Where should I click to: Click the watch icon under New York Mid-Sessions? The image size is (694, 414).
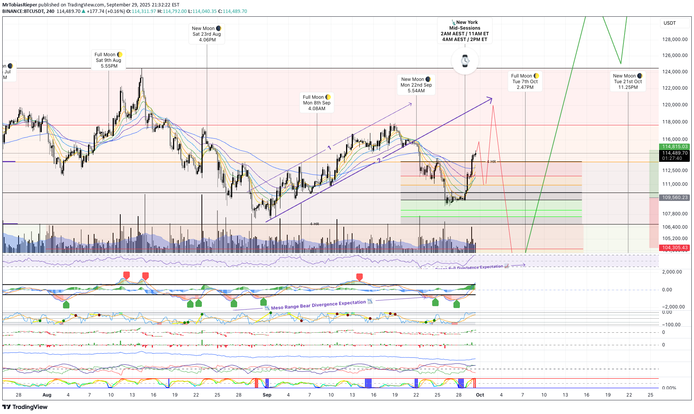point(465,61)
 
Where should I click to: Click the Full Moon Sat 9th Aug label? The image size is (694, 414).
point(109,60)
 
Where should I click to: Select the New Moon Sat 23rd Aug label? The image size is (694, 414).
point(207,34)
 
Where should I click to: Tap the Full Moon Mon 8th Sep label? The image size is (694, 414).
point(317,103)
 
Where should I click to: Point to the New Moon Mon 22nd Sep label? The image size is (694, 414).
point(416,85)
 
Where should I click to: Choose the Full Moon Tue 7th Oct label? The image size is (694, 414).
point(525,82)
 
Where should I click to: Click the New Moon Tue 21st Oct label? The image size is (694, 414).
point(628,82)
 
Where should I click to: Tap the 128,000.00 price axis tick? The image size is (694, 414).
point(675,40)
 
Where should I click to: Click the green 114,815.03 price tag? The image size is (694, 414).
point(675,147)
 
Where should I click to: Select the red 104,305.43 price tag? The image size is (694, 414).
point(675,248)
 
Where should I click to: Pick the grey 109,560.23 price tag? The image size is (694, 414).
point(675,198)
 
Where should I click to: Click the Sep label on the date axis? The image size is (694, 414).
point(267,395)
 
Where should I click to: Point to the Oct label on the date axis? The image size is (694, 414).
point(480,395)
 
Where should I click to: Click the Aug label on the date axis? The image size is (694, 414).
point(47,395)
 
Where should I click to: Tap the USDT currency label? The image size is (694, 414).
point(670,23)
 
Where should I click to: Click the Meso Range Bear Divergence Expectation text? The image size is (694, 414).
point(318,305)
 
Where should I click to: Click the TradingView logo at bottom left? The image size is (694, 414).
point(25,407)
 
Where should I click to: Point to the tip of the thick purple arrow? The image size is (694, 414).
point(492,99)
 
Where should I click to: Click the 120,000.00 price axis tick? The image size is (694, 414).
point(675,105)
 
